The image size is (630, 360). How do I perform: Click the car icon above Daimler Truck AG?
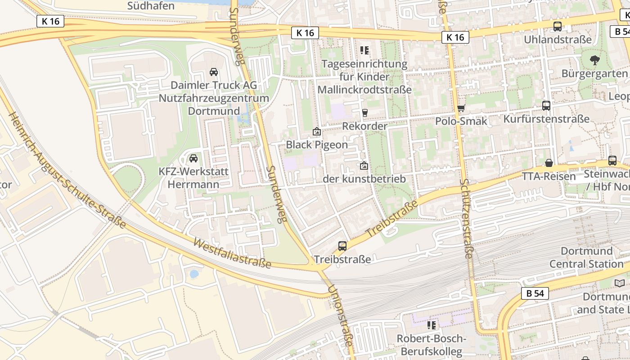coord(214,72)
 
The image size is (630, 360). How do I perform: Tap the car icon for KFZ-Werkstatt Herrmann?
coord(193,158)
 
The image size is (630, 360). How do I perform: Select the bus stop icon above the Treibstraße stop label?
coord(342,246)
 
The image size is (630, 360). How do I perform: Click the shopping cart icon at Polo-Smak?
coord(461,108)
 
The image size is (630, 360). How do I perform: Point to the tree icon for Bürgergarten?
coord(594,60)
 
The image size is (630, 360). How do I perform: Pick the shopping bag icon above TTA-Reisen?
coord(549,163)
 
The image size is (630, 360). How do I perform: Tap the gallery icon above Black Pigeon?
coord(317,132)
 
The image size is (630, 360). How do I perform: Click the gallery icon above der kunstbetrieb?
coord(364,166)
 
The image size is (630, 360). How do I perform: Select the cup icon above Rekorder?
coord(364,112)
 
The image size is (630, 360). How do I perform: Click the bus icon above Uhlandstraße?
coord(558,27)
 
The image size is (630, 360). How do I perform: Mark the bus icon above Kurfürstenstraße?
coord(546,106)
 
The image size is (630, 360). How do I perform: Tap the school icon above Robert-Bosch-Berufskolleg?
coord(432,325)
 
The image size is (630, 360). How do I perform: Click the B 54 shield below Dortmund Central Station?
coord(535,293)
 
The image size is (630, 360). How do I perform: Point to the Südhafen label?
coord(151,6)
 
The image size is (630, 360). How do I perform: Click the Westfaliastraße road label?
coord(232,253)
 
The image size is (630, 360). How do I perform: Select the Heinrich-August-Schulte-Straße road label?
coord(67,170)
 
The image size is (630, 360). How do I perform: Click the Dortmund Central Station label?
coord(586,257)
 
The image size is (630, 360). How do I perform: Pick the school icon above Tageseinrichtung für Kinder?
coord(364,50)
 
